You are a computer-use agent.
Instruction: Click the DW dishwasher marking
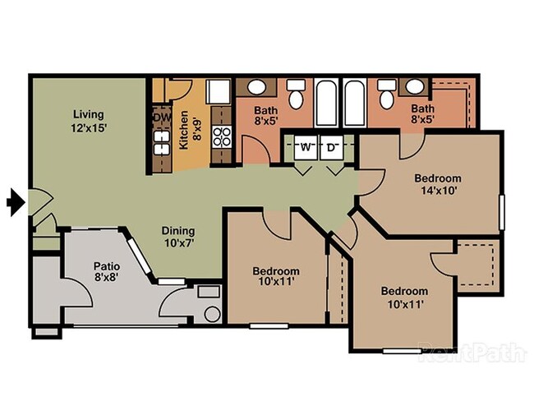click(160, 118)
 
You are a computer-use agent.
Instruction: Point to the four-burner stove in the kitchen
click(222, 136)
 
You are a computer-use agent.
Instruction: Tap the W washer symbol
click(306, 148)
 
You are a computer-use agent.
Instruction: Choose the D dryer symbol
click(332, 148)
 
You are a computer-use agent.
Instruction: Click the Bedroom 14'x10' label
click(437, 184)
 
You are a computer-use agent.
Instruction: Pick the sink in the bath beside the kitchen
click(257, 86)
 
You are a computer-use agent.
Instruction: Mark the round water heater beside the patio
click(211, 313)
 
